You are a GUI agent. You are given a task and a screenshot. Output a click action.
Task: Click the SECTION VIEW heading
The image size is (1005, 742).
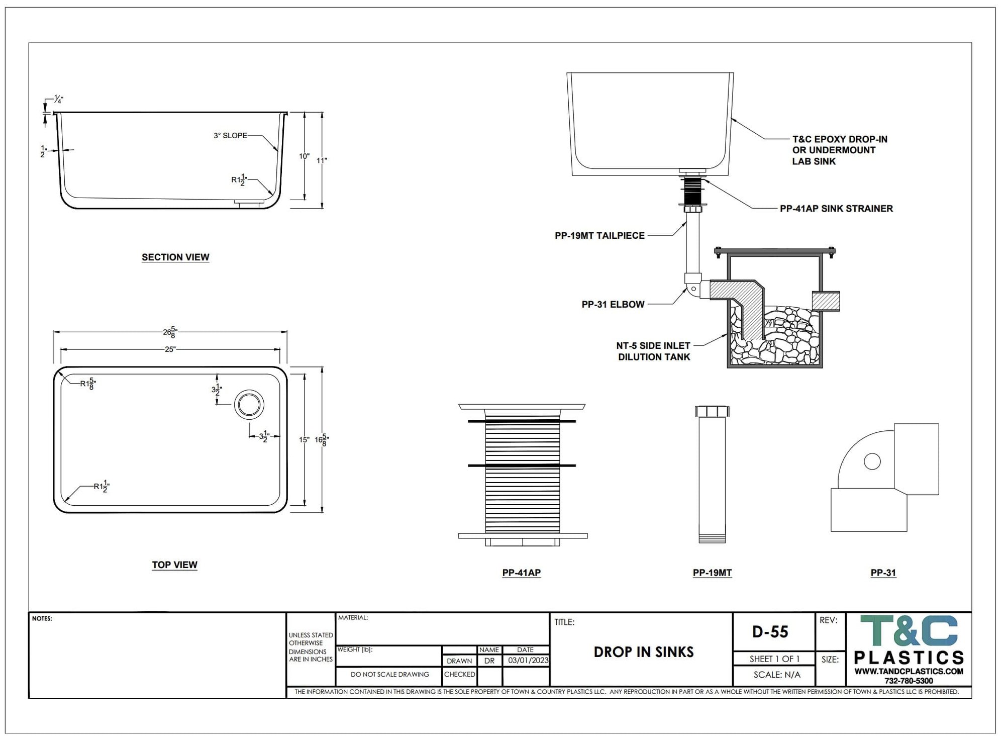175,257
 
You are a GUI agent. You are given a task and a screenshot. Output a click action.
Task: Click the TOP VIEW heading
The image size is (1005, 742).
174,565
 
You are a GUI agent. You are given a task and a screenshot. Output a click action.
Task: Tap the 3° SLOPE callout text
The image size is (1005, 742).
230,136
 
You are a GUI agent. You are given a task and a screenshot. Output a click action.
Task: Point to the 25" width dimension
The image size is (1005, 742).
170,349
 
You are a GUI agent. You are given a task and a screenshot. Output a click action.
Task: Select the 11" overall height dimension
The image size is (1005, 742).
322,160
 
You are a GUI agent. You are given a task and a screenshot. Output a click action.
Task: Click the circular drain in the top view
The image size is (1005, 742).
249,404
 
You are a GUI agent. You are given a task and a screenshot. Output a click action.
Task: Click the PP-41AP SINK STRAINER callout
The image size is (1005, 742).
836,209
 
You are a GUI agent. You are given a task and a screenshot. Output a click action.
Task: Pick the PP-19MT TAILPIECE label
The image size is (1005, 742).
599,235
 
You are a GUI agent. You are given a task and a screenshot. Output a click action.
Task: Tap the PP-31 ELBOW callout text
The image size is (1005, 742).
613,304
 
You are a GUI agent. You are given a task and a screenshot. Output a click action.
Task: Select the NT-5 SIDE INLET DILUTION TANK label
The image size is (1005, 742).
653,351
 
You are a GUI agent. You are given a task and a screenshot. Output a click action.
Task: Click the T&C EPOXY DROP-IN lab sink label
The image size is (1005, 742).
840,150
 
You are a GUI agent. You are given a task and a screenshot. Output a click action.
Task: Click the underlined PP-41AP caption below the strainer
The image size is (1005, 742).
521,573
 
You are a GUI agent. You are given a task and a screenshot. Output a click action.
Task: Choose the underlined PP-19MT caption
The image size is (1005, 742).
712,573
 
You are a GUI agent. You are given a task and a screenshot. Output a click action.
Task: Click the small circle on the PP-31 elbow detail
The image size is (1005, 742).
872,461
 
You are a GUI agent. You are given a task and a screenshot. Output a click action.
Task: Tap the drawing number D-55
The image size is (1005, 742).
770,631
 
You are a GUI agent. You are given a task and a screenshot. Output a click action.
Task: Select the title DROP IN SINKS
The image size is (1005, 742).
644,652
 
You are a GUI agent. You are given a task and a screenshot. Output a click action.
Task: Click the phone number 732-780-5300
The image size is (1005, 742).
909,681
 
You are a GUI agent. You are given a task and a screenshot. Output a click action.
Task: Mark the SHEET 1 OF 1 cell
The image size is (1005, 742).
774,659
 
